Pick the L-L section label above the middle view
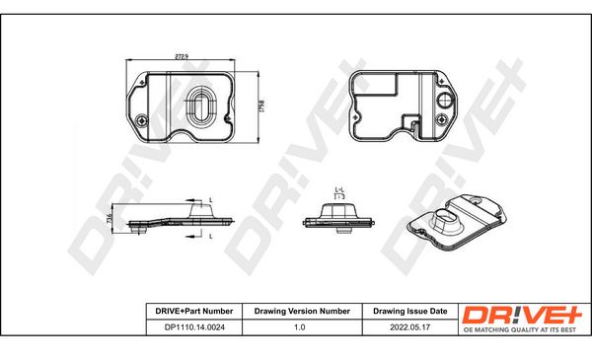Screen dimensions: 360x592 coord(338,187)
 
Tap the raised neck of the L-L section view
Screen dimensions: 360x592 coord(338,205)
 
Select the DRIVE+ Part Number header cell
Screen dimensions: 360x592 coord(189,311)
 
